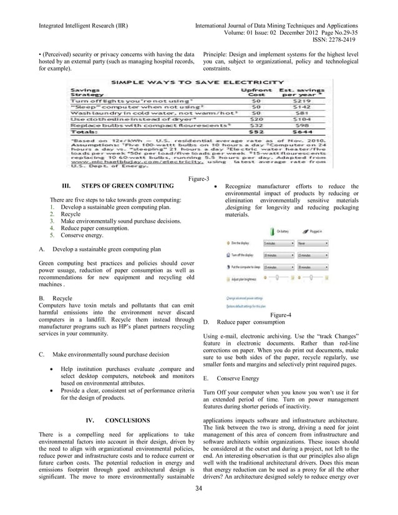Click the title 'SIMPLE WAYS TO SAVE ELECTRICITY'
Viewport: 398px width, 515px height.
[x=199, y=82]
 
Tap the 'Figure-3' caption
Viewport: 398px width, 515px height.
[x=198, y=180]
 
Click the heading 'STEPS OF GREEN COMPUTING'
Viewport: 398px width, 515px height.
[x=128, y=186]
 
